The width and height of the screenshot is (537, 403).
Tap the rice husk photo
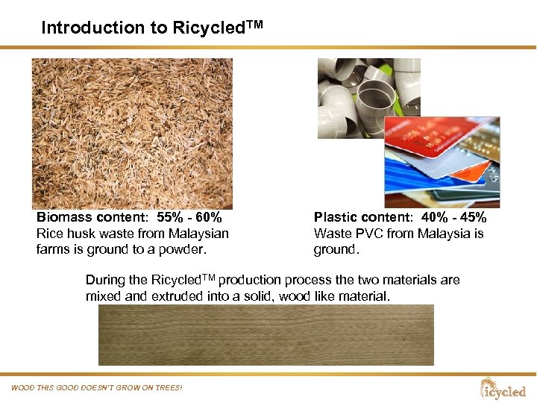[x=132, y=133]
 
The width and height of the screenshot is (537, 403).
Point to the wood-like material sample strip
[x=266, y=335]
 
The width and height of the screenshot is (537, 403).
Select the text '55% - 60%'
[x=189, y=218]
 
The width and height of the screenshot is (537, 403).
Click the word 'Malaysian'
[x=198, y=234]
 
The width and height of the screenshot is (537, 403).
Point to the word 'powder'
[x=187, y=249]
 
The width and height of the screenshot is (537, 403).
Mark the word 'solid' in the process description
[x=262, y=296]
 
